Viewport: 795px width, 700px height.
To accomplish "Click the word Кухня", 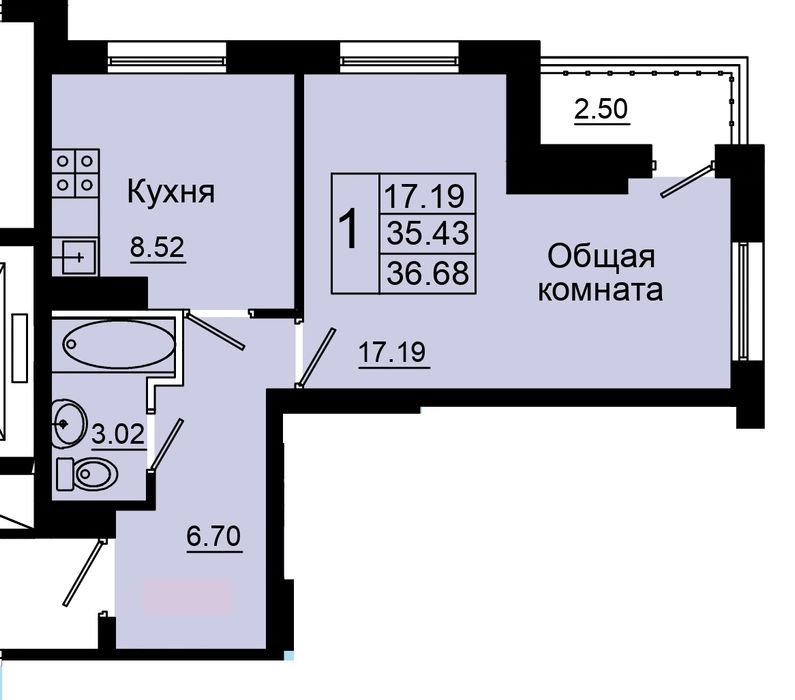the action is coord(170,193).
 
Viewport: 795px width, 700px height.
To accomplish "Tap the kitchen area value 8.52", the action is coord(158,247).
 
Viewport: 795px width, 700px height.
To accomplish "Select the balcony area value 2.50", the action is coord(601,108).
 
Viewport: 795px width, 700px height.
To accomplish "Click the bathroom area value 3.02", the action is coord(119,434).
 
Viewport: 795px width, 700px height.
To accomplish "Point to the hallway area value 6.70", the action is coord(213,536).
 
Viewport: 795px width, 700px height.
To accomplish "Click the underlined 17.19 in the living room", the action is coord(392,351).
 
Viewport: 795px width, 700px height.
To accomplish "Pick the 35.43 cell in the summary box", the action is coord(427,234).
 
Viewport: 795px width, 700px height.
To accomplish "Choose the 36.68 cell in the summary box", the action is coord(427,274).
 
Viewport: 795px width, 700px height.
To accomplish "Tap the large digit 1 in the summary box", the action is coord(349,230).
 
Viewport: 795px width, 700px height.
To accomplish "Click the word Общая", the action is coord(601,257).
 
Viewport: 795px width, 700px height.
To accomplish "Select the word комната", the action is coord(600,291).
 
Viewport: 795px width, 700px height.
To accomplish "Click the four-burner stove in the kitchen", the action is coord(75,173).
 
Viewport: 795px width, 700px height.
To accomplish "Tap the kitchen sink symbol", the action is coord(75,257).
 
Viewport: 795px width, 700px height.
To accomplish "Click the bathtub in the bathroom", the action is coord(119,344).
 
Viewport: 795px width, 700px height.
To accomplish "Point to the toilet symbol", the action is coord(86,474).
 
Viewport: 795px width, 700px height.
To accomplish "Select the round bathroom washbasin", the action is coord(68,424).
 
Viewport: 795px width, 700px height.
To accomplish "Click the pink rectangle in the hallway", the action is coord(187,598).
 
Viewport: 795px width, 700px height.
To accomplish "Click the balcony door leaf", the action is coord(688,180).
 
